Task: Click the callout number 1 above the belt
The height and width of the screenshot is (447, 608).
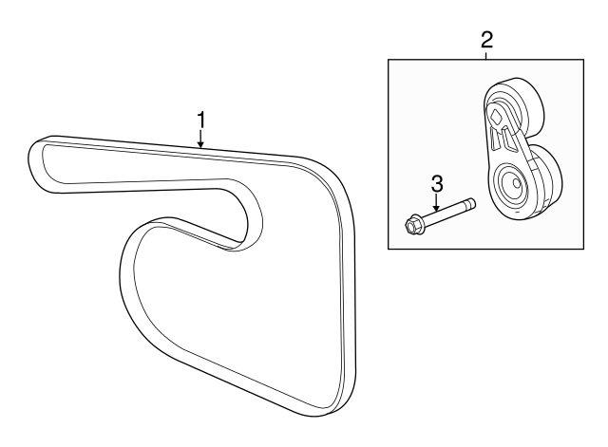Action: click(x=200, y=121)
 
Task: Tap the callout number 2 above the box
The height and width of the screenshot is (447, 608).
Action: click(x=486, y=40)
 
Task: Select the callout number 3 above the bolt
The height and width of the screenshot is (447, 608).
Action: click(x=437, y=184)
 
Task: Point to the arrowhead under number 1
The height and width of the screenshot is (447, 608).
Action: click(x=200, y=145)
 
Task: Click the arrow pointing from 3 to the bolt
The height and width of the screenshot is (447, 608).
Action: click(x=437, y=202)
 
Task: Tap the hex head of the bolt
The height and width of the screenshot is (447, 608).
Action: click(x=411, y=226)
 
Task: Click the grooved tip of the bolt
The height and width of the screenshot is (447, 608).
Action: click(x=471, y=203)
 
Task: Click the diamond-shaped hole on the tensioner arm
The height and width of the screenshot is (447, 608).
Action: click(x=496, y=116)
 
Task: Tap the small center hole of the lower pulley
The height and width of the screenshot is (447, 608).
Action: click(x=516, y=183)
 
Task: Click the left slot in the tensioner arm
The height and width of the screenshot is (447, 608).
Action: click(x=493, y=140)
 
